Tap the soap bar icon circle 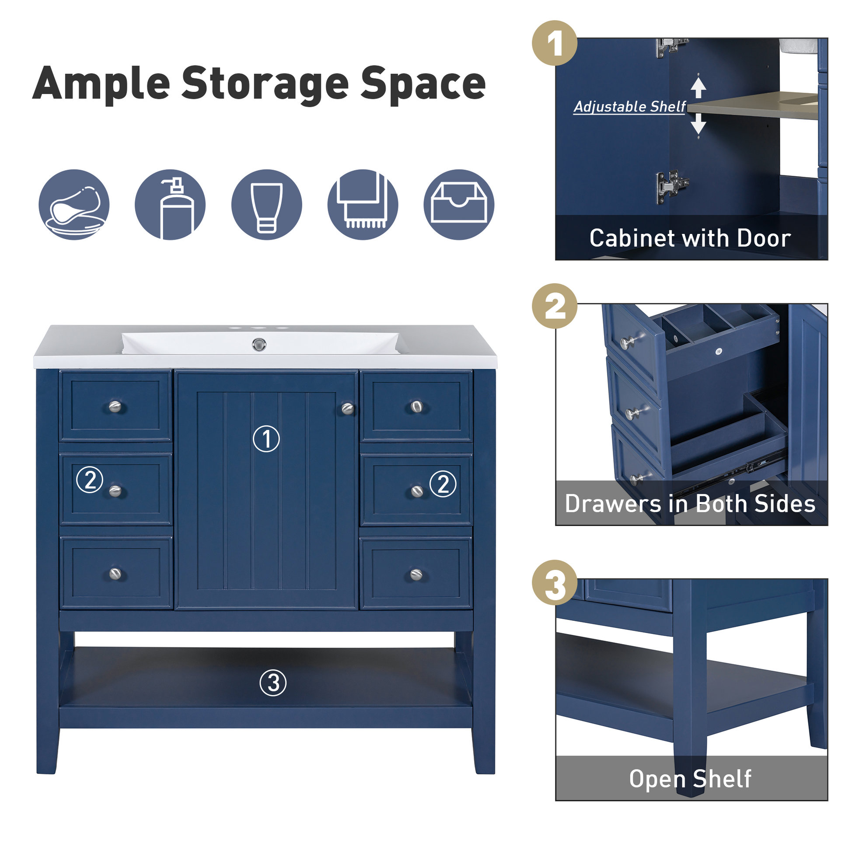tap(74, 205)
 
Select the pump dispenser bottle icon tap(170, 205)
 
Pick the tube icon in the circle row tap(266, 205)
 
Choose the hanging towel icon tap(363, 205)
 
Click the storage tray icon tap(459, 205)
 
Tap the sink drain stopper tap(259, 344)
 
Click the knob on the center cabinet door tap(348, 408)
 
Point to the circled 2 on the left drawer tap(90, 480)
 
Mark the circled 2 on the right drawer tap(443, 484)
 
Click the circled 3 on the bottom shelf tap(273, 683)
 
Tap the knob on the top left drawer tap(115, 406)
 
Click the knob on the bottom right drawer tap(416, 575)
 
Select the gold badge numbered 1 tap(554, 43)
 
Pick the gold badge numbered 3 tap(554, 583)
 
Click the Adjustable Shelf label tap(629, 107)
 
